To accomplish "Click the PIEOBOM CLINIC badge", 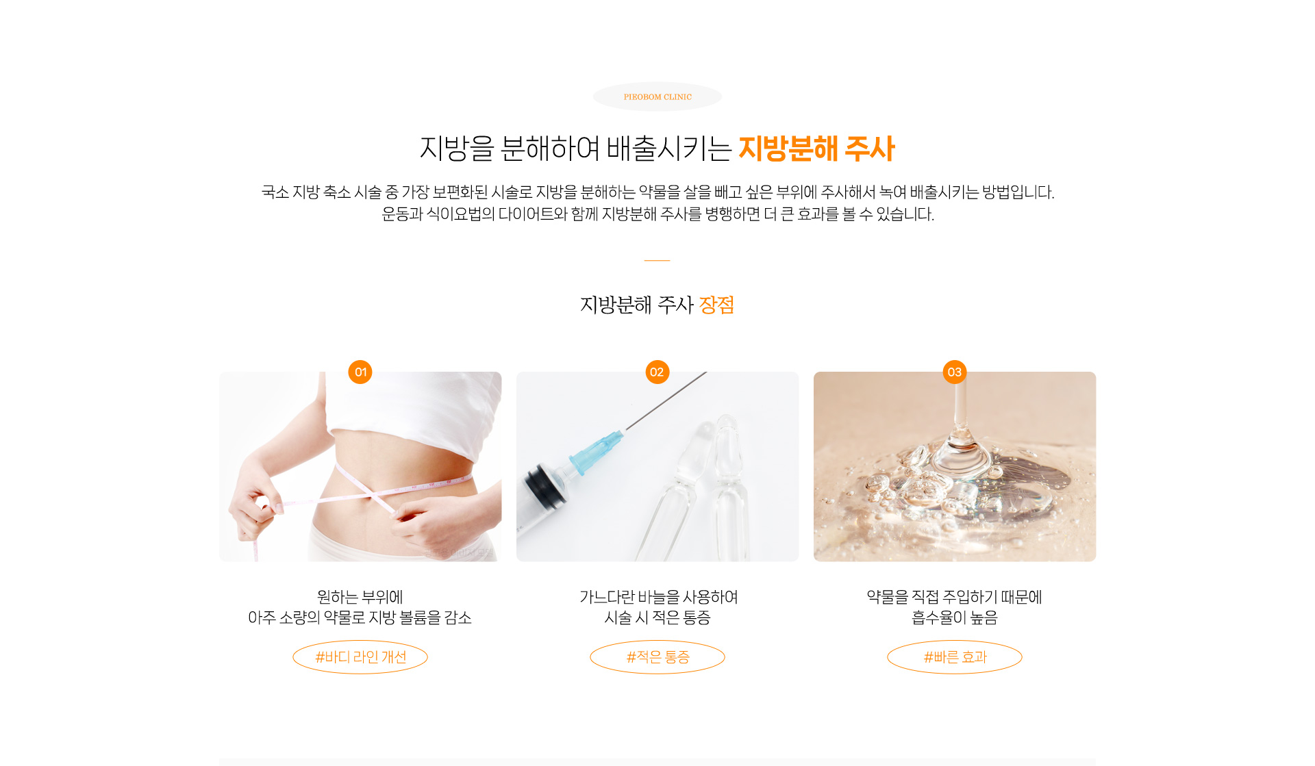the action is tap(657, 97).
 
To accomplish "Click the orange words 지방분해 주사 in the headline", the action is tap(816, 149).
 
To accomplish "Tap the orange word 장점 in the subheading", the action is tap(716, 305).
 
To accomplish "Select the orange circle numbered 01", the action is tap(360, 372).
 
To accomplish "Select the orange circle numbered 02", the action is tap(657, 372).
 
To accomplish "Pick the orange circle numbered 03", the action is tap(954, 372).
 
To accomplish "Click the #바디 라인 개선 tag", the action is tap(360, 657).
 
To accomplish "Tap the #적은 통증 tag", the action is tap(657, 657).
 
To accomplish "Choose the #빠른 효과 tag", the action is tap(955, 657).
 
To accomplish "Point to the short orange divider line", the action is tap(657, 260).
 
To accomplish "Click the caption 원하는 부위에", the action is tap(360, 597).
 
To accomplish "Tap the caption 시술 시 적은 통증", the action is tap(657, 617).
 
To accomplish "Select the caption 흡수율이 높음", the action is tap(955, 617).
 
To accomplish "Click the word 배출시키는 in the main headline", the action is tap(669, 149).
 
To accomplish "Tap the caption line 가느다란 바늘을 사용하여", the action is tap(659, 597).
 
